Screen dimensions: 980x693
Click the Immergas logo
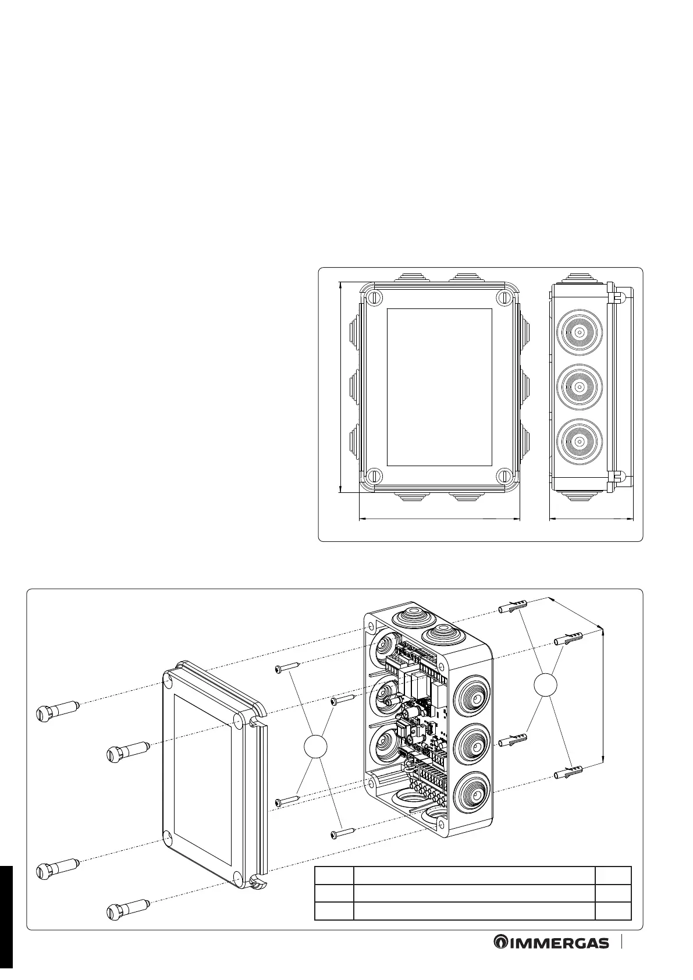[x=551, y=958]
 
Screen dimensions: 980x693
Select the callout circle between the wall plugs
[x=545, y=685]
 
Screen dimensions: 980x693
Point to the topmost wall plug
[x=512, y=608]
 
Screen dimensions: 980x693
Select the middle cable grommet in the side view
[x=580, y=386]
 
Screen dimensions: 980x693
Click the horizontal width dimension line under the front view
[x=439, y=517]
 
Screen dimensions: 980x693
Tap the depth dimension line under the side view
[x=591, y=517]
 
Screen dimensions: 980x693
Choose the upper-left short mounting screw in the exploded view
[x=287, y=667]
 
